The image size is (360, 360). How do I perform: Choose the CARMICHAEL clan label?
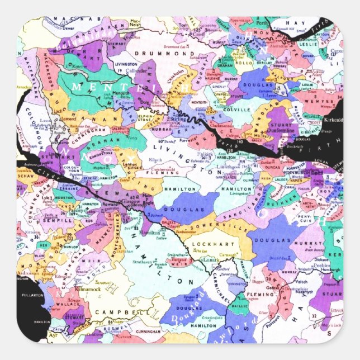point(223,286)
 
